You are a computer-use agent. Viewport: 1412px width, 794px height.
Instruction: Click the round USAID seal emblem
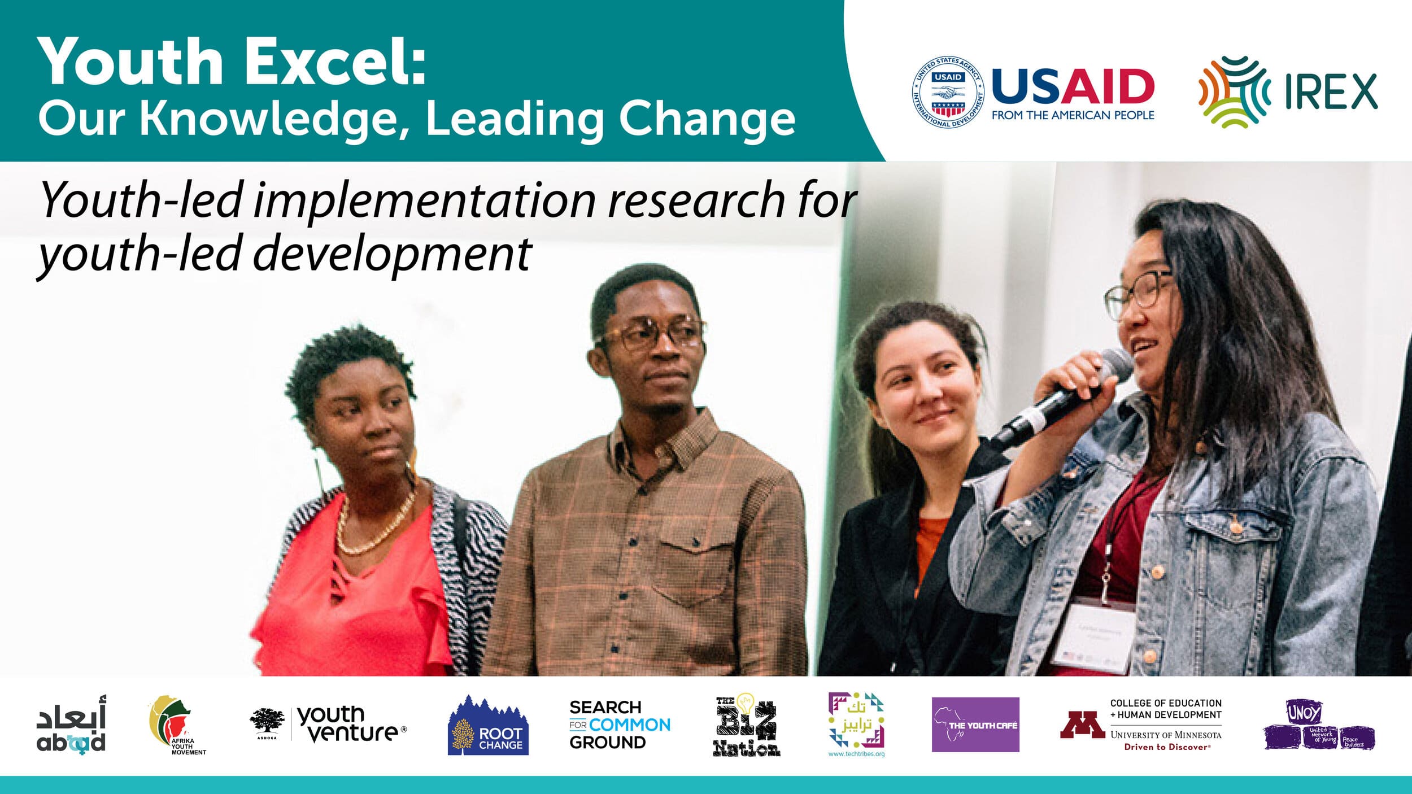click(948, 92)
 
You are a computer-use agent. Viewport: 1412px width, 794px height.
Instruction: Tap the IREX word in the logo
click(1331, 91)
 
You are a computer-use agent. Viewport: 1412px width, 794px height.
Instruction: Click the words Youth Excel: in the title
click(232, 61)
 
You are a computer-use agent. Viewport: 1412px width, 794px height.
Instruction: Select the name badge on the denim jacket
click(1093, 639)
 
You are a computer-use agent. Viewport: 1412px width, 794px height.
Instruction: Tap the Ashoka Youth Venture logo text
click(350, 724)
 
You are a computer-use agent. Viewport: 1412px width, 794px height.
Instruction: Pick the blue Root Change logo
click(488, 727)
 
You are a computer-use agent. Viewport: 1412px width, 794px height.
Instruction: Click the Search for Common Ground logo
click(619, 725)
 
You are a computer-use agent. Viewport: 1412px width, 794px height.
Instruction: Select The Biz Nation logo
click(746, 726)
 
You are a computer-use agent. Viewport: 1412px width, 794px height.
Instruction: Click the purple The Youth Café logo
click(975, 725)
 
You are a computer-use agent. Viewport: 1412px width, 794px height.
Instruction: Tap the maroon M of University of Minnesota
click(1082, 725)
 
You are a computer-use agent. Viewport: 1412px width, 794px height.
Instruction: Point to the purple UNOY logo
click(1319, 725)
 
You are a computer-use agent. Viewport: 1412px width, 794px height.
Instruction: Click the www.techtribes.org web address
click(856, 754)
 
